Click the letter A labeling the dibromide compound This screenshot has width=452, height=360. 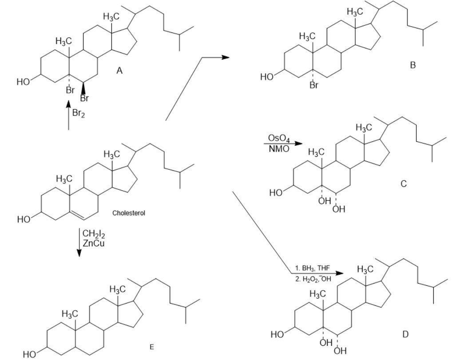click(x=119, y=70)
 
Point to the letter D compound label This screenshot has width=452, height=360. click(x=405, y=334)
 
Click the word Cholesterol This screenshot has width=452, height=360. click(x=129, y=213)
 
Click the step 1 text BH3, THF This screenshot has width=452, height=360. click(x=313, y=268)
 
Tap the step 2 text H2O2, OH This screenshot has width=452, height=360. click(x=313, y=279)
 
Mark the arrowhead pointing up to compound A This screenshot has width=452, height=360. click(x=68, y=104)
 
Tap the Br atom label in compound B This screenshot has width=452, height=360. click(x=313, y=85)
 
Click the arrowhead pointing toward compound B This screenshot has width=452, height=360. click(x=226, y=57)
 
